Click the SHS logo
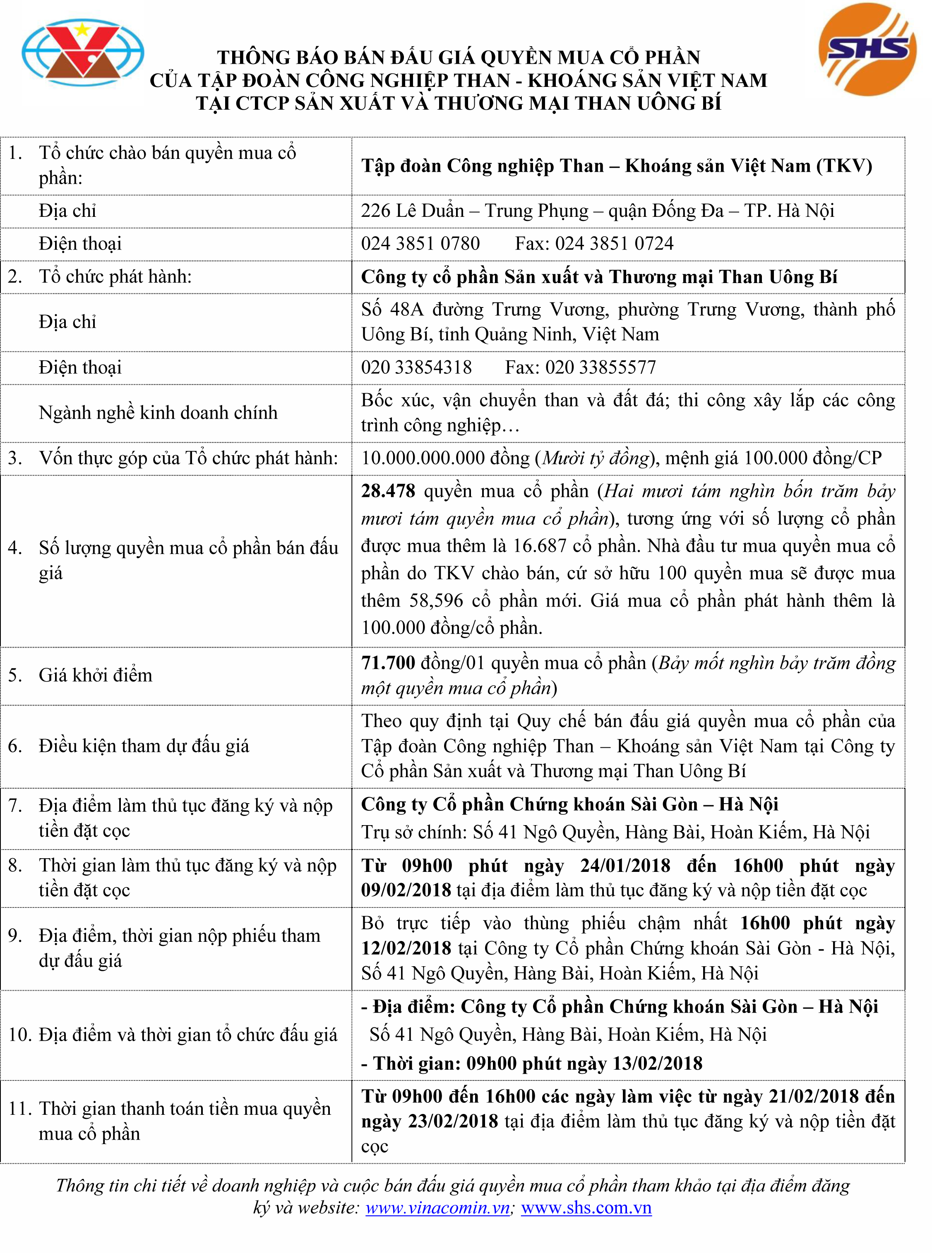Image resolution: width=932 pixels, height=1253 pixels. click(x=867, y=50)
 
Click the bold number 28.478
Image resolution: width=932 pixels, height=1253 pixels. click(x=388, y=491)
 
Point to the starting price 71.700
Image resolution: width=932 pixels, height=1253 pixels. click(x=388, y=663)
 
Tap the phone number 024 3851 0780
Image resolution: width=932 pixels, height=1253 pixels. click(x=420, y=243)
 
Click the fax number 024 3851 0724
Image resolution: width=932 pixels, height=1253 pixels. click(x=615, y=243)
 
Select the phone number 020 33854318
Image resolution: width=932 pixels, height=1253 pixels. click(x=416, y=367)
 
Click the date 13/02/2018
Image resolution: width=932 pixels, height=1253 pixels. click(x=657, y=1063)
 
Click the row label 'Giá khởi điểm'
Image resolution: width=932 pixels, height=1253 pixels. click(x=95, y=675)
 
